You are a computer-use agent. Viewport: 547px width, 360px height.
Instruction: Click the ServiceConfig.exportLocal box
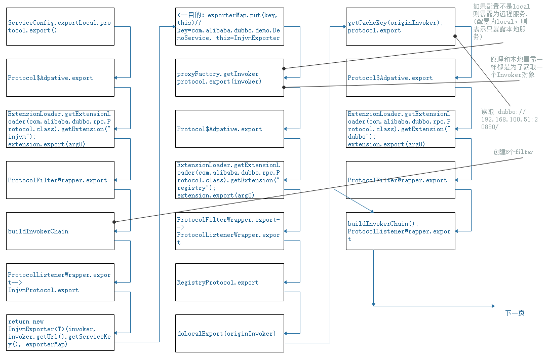coord(60,27)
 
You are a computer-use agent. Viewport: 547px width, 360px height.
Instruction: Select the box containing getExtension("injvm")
coord(60,129)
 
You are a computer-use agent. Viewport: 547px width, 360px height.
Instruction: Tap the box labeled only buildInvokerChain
coord(60,231)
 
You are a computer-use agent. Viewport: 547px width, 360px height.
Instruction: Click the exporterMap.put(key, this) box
coord(229,27)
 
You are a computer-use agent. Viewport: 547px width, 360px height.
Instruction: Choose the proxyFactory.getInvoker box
coord(229,78)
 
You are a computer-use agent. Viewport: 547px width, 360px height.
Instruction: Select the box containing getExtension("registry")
coord(229,180)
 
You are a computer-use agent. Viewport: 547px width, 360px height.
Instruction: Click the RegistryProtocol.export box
coord(229,283)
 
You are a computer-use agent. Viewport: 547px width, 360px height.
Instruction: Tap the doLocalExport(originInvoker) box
coord(229,333)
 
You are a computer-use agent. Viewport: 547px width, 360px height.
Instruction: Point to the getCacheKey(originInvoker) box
coord(400,27)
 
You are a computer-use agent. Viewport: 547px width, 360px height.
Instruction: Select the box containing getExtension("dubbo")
coord(400,129)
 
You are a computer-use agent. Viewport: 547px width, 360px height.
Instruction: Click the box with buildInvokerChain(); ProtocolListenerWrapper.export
coord(400,231)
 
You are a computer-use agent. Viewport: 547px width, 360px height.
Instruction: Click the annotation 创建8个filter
coord(513,152)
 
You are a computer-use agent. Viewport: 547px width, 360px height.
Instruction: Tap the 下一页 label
coord(515,313)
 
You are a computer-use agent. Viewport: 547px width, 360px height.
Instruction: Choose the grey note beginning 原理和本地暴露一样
coord(516,67)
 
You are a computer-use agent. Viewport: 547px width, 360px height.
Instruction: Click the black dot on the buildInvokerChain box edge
coord(115,221)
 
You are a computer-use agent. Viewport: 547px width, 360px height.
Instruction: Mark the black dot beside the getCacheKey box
coord(455,36)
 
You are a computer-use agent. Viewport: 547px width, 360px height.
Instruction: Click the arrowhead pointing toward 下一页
coord(493,306)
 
